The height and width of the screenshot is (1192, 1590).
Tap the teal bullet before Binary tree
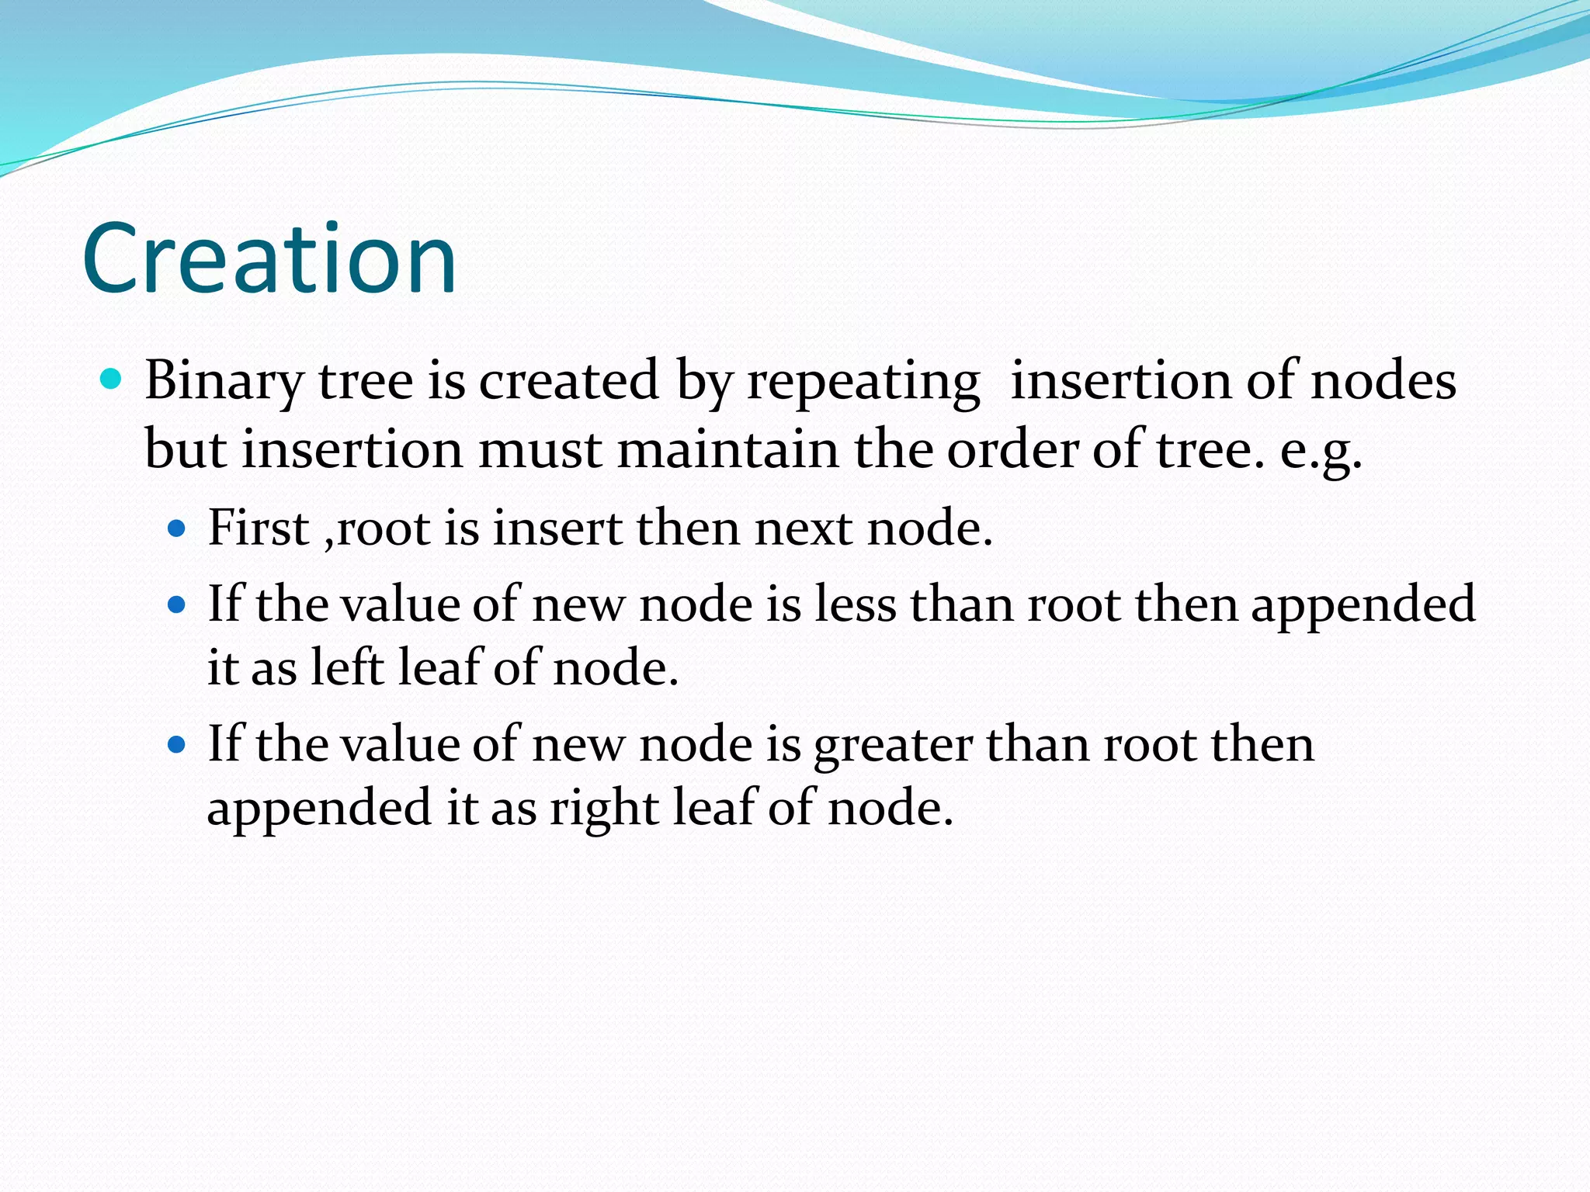(112, 379)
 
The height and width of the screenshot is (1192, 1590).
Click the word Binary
(224, 382)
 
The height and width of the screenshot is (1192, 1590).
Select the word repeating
(863, 382)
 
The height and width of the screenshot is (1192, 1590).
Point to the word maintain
(728, 450)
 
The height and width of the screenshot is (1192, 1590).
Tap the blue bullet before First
(178, 529)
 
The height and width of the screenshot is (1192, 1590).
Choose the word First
(259, 528)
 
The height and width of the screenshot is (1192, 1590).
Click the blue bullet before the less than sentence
(178, 605)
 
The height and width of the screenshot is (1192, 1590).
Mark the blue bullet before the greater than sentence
(178, 745)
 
